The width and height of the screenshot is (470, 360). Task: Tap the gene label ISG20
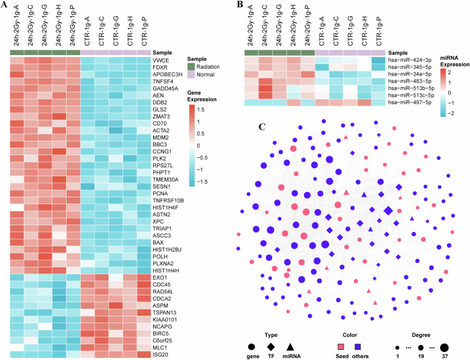(162, 355)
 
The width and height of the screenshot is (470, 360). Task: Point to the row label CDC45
(163, 284)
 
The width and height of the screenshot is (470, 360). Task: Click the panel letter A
(5, 5)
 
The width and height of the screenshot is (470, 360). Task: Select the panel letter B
(240, 5)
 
